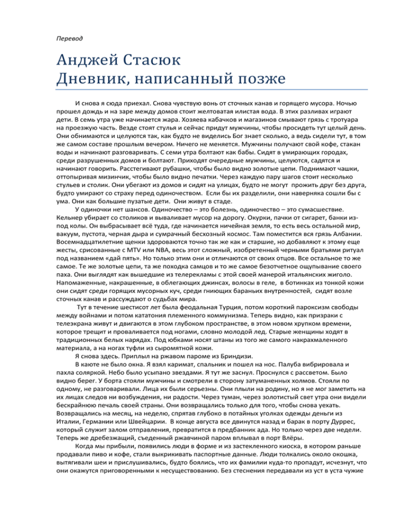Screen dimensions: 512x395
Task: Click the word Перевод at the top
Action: tap(68, 39)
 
